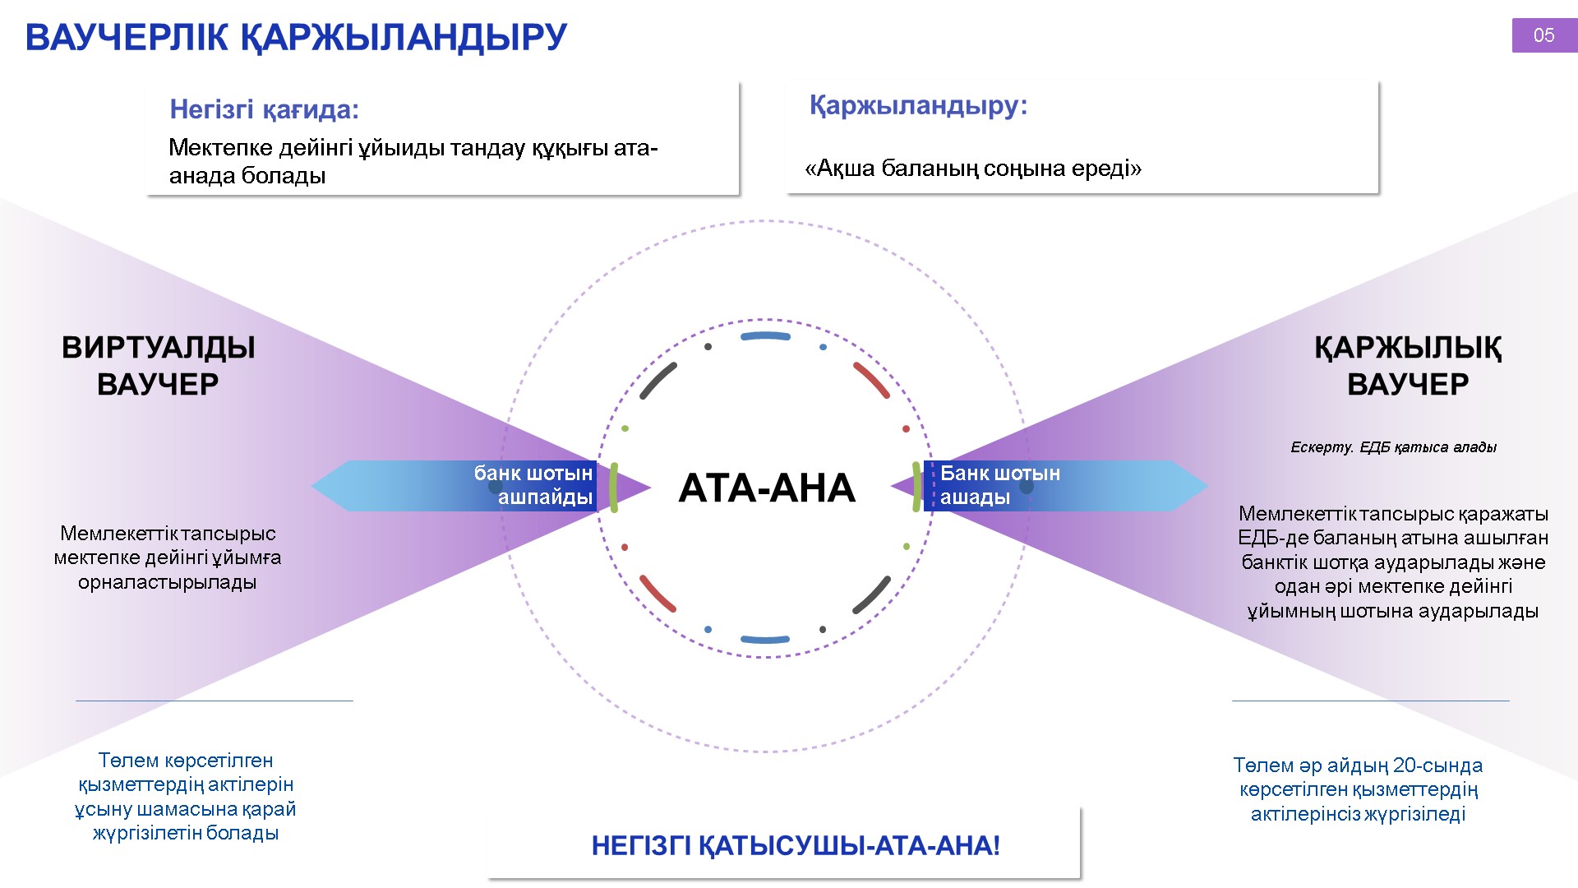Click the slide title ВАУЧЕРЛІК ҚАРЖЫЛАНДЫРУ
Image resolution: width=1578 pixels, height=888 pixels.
click(296, 38)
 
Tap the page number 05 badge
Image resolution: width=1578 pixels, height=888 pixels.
click(1544, 35)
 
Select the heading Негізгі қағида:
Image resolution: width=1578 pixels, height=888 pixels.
click(265, 109)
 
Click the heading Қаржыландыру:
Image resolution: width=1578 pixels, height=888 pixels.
click(918, 106)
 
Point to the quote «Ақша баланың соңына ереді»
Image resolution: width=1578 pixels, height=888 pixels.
click(974, 169)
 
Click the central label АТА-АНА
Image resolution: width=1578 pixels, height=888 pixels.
click(767, 488)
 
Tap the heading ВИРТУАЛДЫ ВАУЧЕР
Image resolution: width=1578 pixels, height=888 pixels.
click(158, 366)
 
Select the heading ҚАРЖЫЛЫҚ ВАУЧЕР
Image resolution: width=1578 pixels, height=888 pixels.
click(1408, 366)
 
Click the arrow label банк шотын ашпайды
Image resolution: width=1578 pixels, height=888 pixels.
click(533, 485)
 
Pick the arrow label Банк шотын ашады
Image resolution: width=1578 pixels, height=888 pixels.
click(1000, 485)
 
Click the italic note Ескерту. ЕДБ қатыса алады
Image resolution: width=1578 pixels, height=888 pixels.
click(1393, 447)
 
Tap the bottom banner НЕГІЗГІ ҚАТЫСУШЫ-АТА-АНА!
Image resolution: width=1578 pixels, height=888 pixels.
click(796, 845)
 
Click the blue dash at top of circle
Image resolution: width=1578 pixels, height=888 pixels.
click(765, 336)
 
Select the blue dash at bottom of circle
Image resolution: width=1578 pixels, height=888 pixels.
click(765, 639)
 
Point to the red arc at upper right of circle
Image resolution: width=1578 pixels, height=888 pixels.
click(872, 380)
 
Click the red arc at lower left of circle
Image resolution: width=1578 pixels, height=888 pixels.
click(657, 594)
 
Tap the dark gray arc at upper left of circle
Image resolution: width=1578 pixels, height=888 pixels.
click(658, 381)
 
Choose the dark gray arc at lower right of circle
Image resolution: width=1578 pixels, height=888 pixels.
click(872, 594)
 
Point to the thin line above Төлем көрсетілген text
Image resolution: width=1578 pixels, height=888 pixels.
click(215, 701)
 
